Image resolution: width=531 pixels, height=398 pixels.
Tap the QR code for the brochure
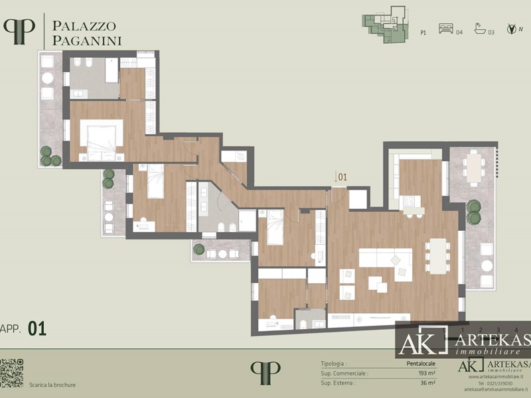pyautogui.click(x=11, y=373)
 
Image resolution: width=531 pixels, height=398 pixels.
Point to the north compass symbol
pyautogui.click(x=511, y=30)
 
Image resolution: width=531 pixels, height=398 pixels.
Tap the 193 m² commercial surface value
pyautogui.click(x=425, y=373)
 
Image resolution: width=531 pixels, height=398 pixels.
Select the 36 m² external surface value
pyautogui.click(x=427, y=383)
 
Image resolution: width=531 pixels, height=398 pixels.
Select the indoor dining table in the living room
pyautogui.click(x=438, y=255)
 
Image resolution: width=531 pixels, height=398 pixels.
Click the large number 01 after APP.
pyautogui.click(x=37, y=328)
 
